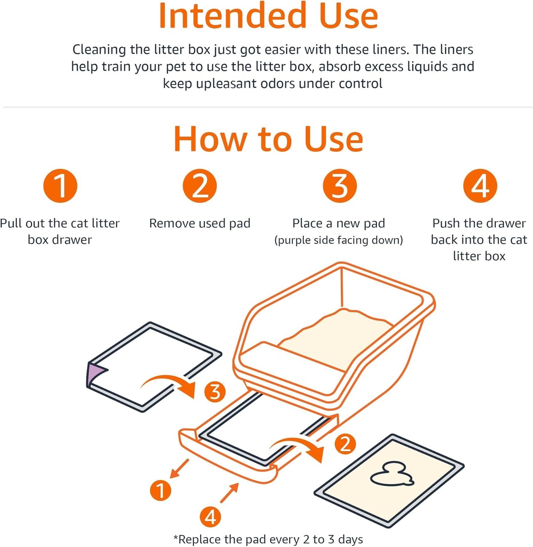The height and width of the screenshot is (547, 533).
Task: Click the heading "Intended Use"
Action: pos(268,16)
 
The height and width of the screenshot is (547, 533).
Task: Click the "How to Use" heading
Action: pos(268,139)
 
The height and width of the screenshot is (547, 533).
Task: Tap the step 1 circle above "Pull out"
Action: pos(60,186)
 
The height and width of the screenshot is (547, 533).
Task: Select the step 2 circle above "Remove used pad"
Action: pos(200,186)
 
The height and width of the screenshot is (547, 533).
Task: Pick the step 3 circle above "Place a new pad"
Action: pos(339,186)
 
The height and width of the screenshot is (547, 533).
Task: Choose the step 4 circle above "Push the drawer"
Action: pos(480,186)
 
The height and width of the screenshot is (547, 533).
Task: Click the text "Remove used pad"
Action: pos(200,223)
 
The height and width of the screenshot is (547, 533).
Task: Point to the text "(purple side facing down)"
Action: pos(339,240)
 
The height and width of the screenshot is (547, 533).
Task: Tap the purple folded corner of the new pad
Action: pos(94,373)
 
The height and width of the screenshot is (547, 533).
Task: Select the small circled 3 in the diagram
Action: pos(215,392)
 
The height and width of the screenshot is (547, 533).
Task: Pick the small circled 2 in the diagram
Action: pos(345,444)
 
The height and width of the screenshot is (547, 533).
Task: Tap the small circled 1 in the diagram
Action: pos(160,490)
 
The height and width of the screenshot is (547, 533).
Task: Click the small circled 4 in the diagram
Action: pos(210,516)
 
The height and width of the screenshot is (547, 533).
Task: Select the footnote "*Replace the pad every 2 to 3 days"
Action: pos(268,539)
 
